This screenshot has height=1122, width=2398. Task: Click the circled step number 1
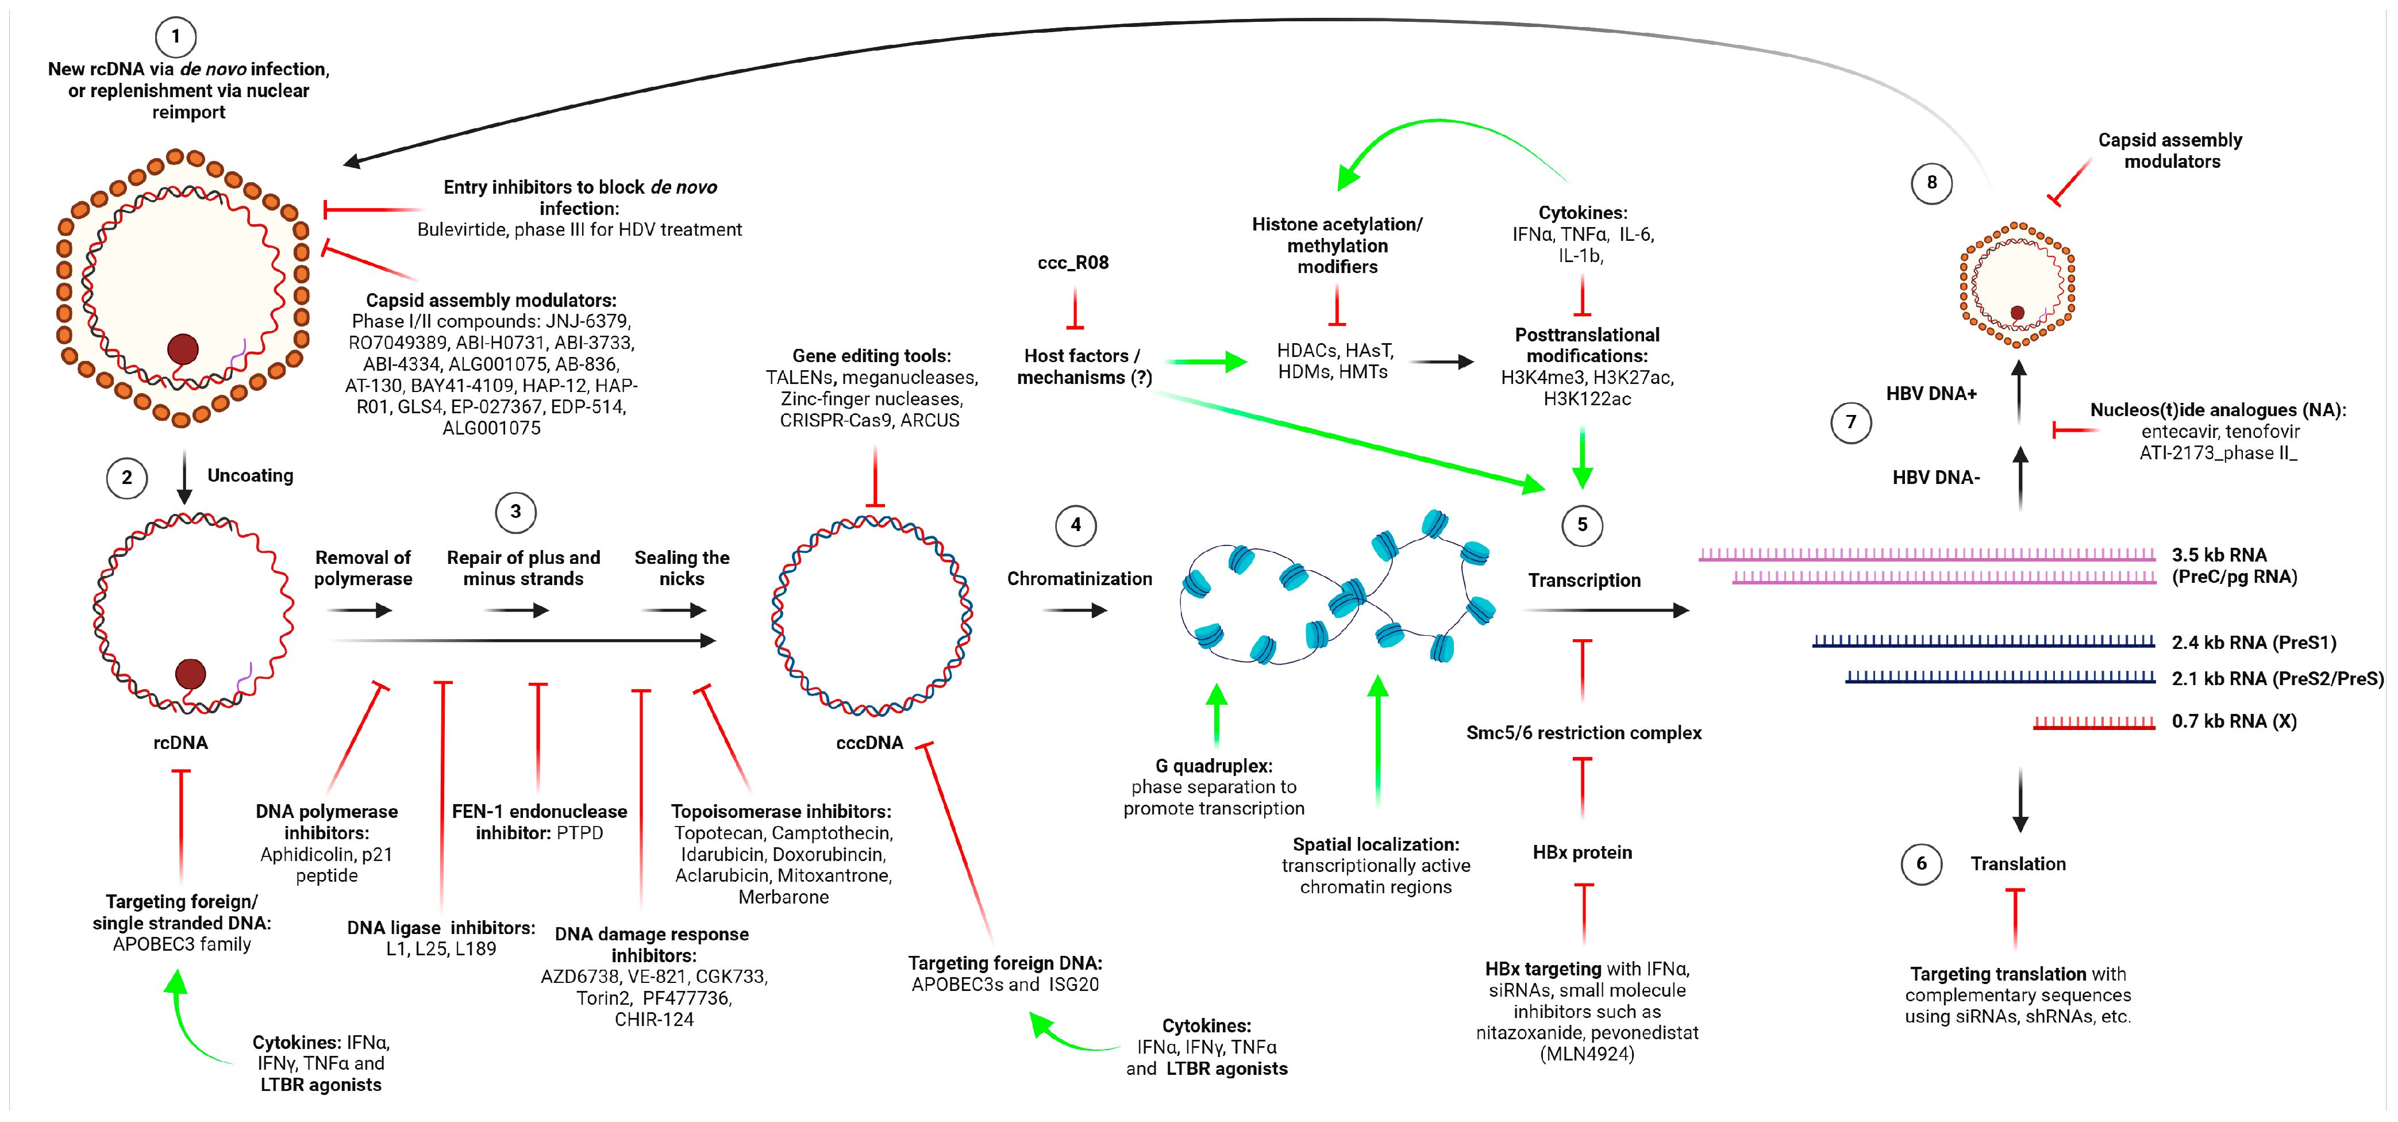[x=175, y=37]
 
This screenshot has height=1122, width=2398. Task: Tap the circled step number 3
[x=515, y=511]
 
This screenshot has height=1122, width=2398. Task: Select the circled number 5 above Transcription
[x=1581, y=525]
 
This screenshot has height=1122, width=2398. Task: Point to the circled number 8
[x=1931, y=183]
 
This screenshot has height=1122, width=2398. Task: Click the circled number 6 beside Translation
[x=1922, y=864]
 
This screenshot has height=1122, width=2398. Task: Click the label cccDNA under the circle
[x=869, y=742]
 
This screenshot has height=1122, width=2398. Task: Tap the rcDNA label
[x=180, y=742]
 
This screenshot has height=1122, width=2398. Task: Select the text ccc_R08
[x=1073, y=263]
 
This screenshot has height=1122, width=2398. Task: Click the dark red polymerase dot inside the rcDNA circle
[x=191, y=673]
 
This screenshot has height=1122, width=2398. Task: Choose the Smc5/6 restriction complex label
[x=1584, y=733]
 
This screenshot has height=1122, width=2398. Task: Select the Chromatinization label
[x=1079, y=578]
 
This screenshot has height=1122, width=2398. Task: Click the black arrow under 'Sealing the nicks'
[x=674, y=611]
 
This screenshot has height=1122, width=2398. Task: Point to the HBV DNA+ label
[x=1931, y=394]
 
